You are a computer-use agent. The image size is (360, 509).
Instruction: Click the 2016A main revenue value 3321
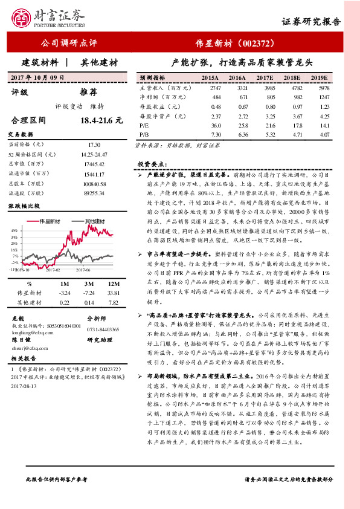pos(237,87)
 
